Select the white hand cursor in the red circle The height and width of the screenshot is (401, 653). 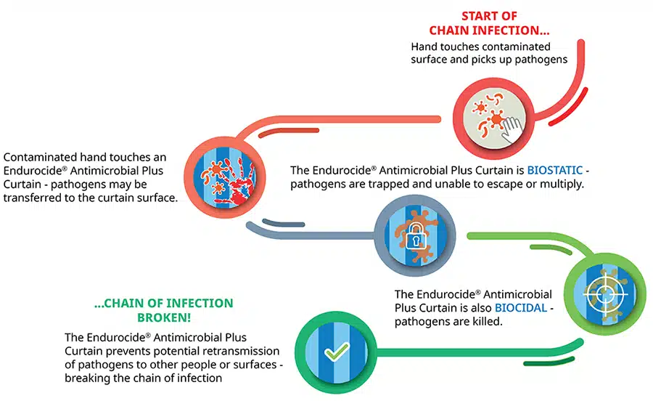(x=513, y=128)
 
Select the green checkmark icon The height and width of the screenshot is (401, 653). (x=337, y=352)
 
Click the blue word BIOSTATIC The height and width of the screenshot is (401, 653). (x=555, y=170)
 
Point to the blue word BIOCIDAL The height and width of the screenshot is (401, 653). (x=525, y=307)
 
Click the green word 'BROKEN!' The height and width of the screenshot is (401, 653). (x=163, y=317)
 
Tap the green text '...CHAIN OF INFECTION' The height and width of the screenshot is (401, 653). (x=164, y=303)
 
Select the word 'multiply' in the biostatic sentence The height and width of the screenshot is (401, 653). (x=564, y=184)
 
